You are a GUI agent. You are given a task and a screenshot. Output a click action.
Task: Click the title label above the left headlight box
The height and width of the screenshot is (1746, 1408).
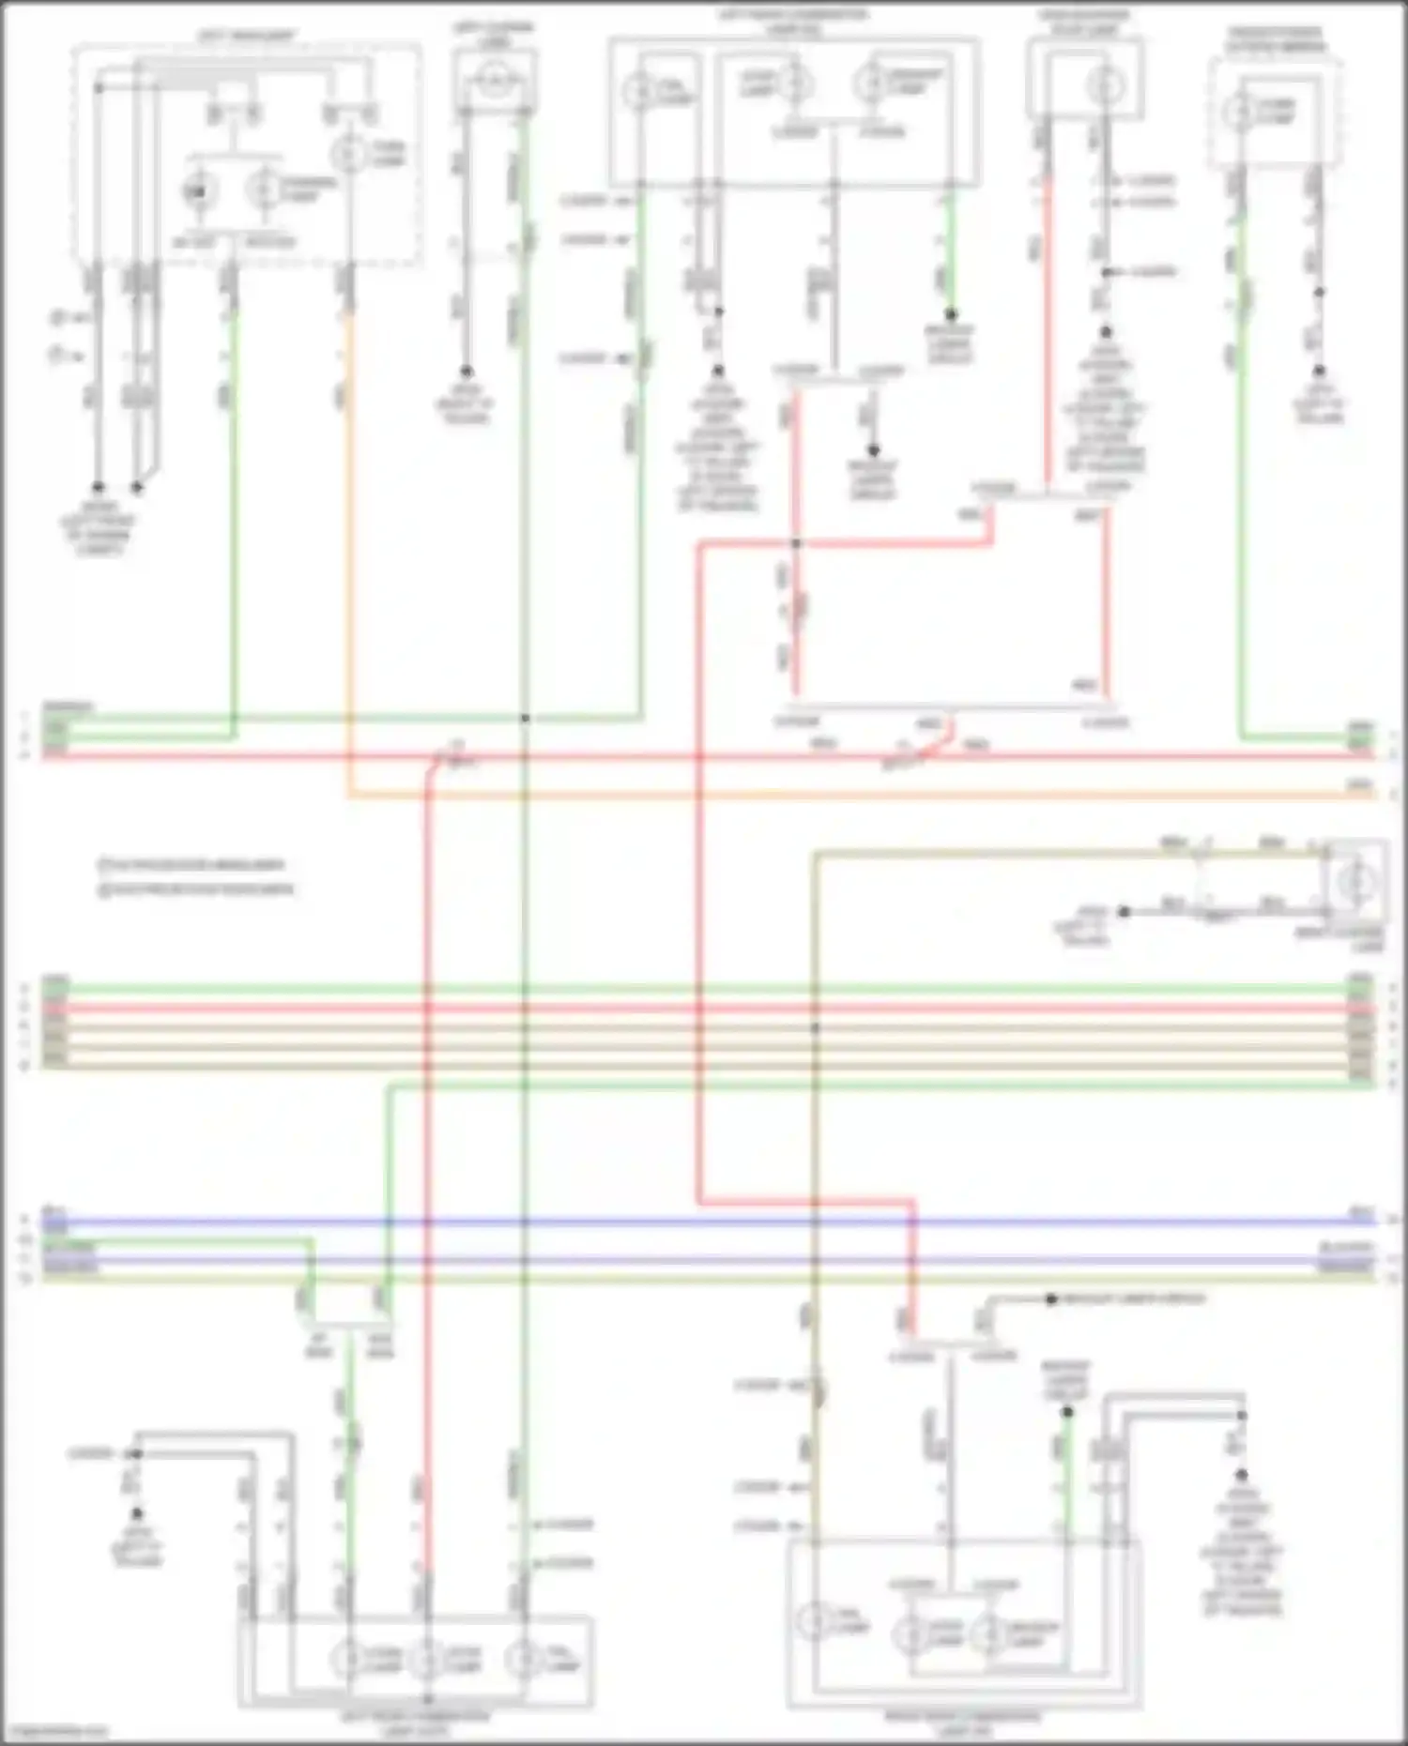(247, 36)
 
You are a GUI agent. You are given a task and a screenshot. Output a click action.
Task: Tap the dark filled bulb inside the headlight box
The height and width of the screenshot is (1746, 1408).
(197, 191)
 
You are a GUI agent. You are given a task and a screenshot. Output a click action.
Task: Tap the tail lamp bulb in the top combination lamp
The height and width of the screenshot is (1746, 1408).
(639, 91)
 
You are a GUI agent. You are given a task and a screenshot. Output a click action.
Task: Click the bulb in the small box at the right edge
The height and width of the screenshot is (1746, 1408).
(1357, 882)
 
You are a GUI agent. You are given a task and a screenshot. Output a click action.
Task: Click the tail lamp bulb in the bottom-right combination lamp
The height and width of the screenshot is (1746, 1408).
(812, 1622)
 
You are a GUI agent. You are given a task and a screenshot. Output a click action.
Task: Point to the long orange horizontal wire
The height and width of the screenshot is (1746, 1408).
(845, 796)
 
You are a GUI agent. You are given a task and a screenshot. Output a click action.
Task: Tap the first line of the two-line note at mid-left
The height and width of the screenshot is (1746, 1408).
(192, 865)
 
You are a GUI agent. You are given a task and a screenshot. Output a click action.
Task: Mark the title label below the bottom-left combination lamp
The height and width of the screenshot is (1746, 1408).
(416, 1721)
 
